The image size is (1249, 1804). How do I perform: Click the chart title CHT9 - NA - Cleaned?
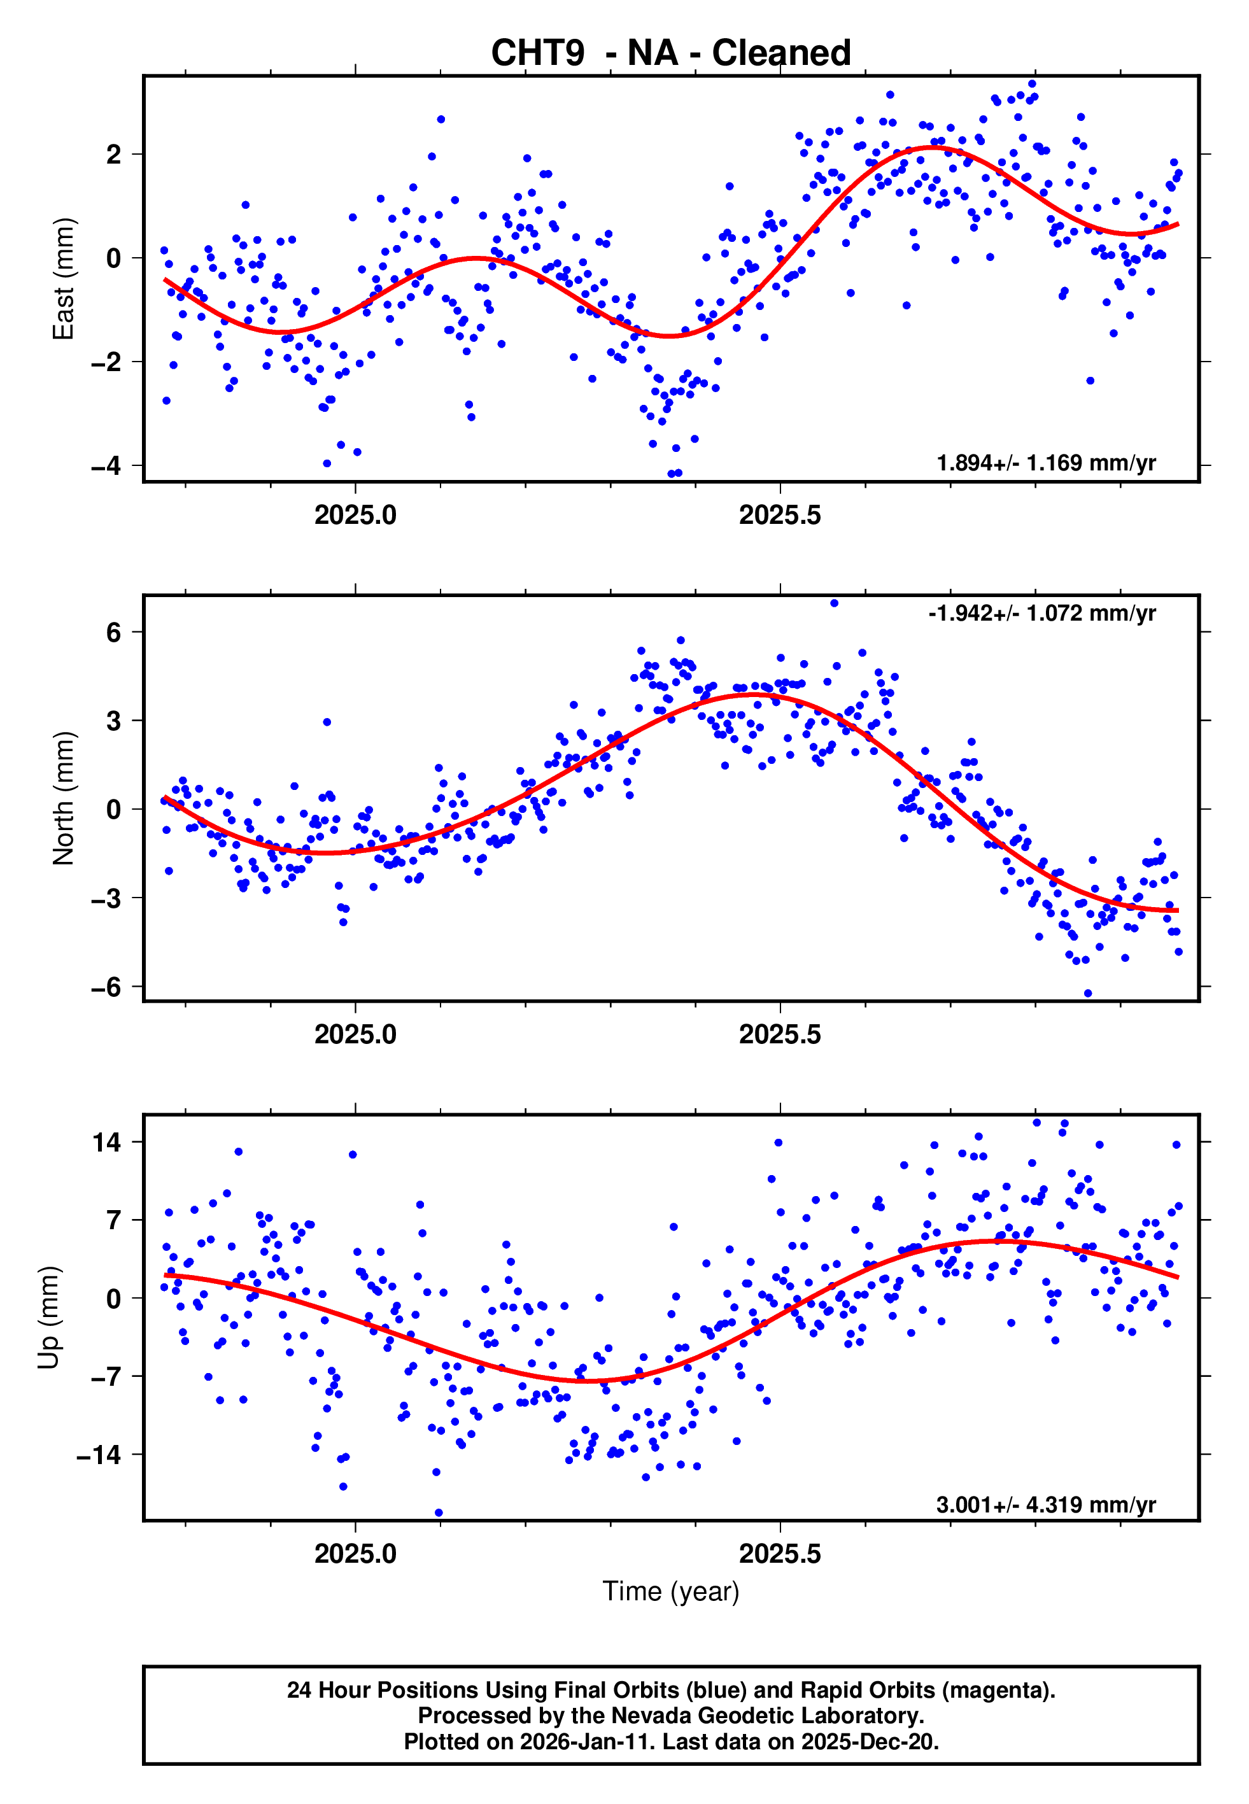point(671,53)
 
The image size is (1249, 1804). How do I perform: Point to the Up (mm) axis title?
point(48,1318)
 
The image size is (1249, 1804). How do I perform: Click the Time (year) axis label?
point(671,1591)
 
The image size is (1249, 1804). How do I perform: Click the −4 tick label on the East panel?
point(106,466)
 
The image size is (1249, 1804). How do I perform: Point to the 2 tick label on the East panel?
point(114,155)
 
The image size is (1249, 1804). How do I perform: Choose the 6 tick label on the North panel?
point(114,632)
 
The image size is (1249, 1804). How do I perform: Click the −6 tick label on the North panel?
point(106,987)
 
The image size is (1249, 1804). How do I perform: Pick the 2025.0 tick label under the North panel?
point(355,1035)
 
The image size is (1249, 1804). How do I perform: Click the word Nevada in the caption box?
point(651,1716)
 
